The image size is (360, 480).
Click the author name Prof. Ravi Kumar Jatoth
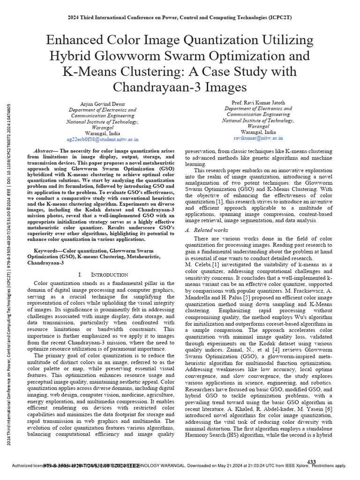(x=258, y=102)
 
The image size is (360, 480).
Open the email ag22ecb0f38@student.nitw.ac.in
(x=102, y=139)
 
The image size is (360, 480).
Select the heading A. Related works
(x=207, y=230)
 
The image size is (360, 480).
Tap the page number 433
(x=311, y=462)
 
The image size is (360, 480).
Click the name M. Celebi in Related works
(x=198, y=264)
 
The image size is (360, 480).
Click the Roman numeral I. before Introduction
(x=81, y=274)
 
